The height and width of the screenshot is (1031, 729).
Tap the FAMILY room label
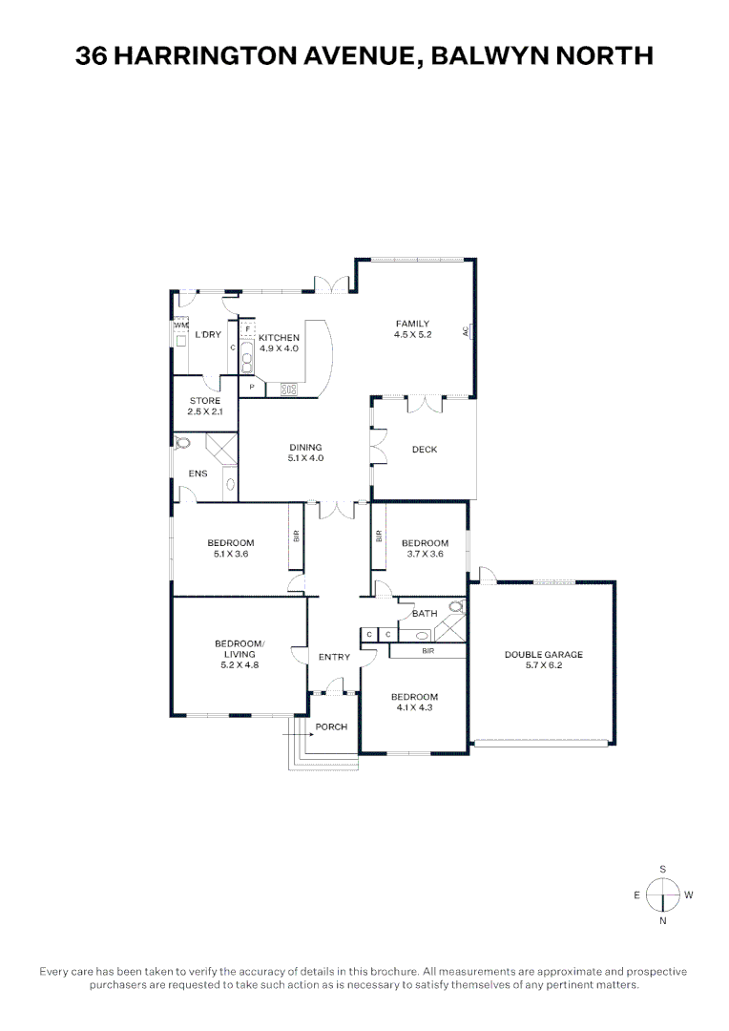[x=413, y=324]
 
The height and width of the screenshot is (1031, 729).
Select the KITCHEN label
[x=279, y=338]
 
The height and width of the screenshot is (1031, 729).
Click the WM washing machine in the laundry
[x=181, y=326]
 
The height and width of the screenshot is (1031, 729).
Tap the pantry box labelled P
[x=251, y=387]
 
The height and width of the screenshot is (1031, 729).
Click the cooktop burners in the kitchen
[x=288, y=387]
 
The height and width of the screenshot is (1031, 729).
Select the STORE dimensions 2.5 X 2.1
[x=204, y=411]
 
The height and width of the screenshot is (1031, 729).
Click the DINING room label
[x=306, y=447]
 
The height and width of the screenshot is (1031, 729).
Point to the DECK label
[x=424, y=450]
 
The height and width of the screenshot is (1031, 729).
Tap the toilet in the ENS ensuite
[x=183, y=442]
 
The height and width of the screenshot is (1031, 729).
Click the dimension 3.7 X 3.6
[x=425, y=554]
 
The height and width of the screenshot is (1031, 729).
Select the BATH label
[x=425, y=614]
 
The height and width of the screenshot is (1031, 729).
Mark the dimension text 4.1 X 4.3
[x=414, y=707]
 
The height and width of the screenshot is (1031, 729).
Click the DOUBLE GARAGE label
[x=543, y=655]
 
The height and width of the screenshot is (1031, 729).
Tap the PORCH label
[x=331, y=726]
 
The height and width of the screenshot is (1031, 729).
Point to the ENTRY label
[x=334, y=657]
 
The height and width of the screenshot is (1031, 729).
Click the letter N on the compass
[x=662, y=921]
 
